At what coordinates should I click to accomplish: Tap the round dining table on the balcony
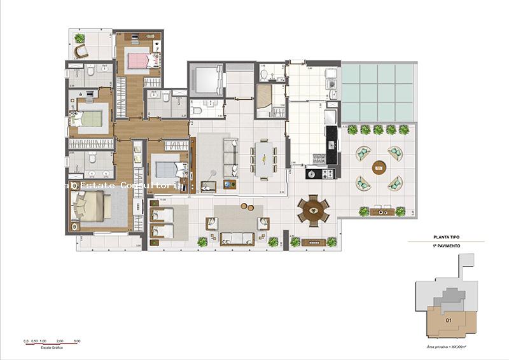[x=313, y=209]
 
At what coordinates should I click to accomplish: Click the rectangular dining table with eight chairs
[x=262, y=155]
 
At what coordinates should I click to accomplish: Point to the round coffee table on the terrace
[x=380, y=168]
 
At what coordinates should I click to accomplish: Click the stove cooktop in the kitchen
[x=317, y=173]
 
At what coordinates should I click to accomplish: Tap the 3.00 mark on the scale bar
[x=76, y=342]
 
